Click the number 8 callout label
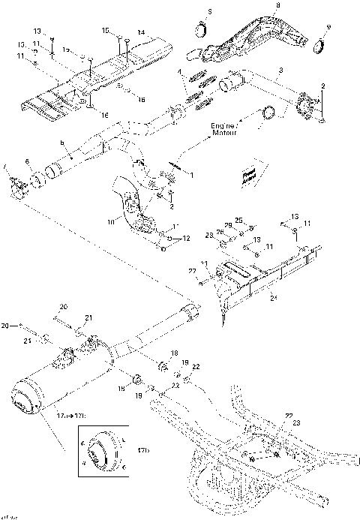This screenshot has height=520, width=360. [x=278, y=6]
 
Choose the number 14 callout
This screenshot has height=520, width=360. [x=139, y=32]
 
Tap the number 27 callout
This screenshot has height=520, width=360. [x=191, y=270]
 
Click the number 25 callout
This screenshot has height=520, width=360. [x=239, y=220]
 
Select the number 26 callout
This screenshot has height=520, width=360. [x=221, y=230]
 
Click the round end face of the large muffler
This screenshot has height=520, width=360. [x=25, y=398]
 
